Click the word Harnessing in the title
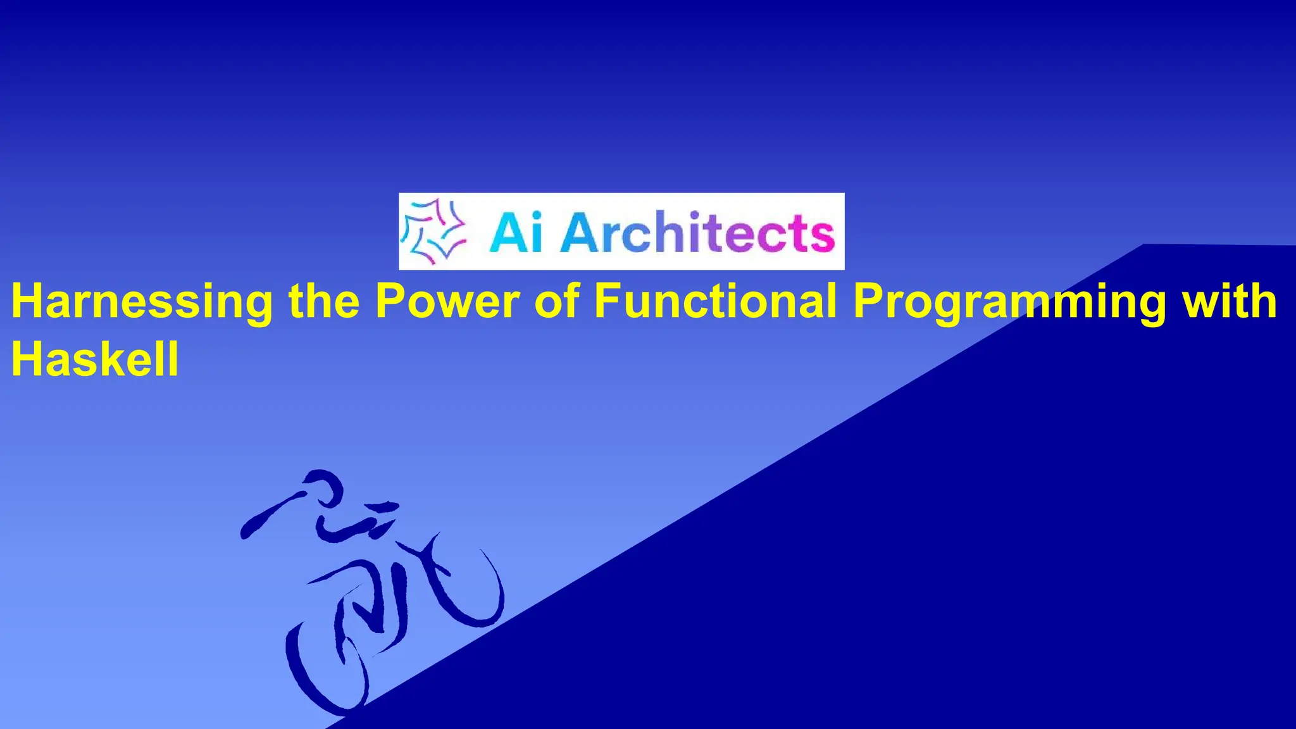point(142,302)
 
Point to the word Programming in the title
point(1009,302)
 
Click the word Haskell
point(95,359)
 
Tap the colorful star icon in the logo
point(434,232)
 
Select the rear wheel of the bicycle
point(326,671)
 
